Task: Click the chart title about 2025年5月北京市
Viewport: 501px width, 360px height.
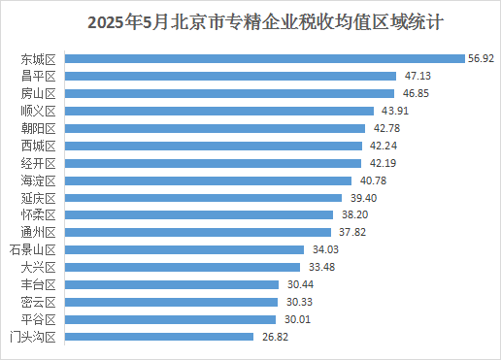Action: [250, 20]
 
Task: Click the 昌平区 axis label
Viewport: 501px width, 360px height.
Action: [39, 76]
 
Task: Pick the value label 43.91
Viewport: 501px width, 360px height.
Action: [393, 111]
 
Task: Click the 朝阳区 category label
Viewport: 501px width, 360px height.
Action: [39, 128]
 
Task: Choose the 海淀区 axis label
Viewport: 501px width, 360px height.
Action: [39, 180]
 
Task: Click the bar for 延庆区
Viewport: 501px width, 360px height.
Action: [205, 198]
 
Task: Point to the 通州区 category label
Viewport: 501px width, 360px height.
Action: [39, 232]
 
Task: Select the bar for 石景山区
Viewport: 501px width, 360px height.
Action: [185, 249]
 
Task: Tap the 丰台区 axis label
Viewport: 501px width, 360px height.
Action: [39, 284]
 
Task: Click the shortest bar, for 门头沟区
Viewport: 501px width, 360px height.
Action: [159, 337]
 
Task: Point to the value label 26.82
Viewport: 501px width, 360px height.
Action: [274, 337]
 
